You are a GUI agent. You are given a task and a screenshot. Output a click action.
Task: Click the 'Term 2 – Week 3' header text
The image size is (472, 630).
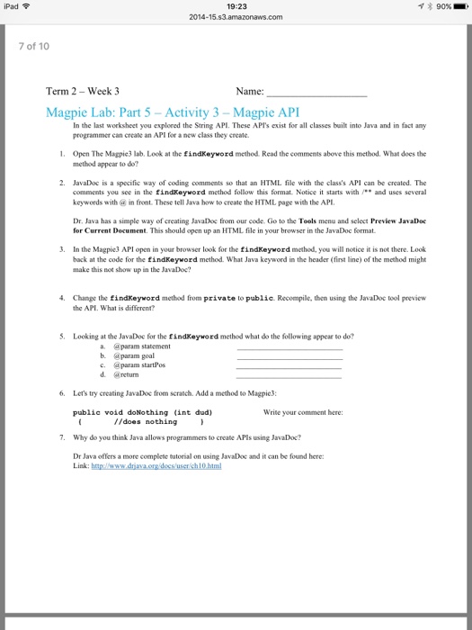83,92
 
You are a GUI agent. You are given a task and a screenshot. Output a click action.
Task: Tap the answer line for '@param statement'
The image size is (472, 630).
289,347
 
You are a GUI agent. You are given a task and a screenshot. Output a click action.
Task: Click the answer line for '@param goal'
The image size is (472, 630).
289,357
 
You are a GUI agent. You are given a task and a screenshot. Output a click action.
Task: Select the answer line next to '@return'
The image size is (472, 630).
289,378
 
